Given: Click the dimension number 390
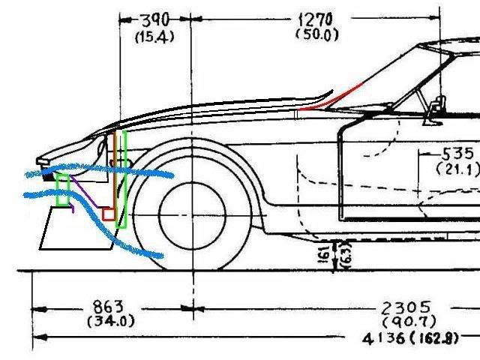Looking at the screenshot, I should point(154,19).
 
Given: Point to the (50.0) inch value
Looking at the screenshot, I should point(319,34).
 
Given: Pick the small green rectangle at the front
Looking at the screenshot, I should point(64,190).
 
